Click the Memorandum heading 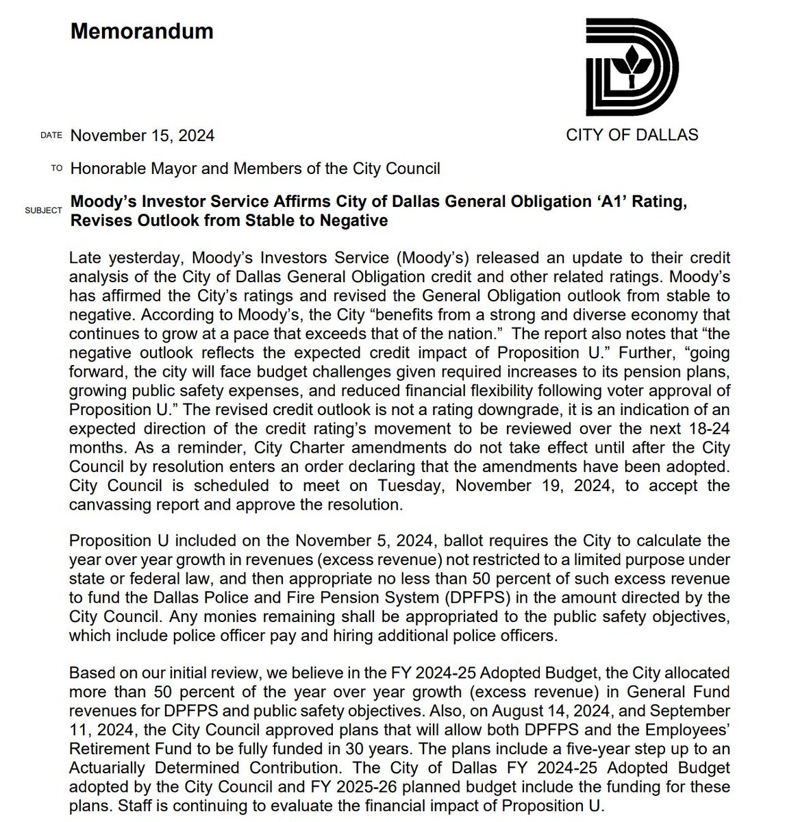coord(142,32)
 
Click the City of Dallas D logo coord(632,67)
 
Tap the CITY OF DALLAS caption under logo coord(632,135)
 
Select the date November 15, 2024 coord(142,136)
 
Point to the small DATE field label coord(51,136)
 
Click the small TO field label coord(56,169)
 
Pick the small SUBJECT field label coord(44,210)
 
